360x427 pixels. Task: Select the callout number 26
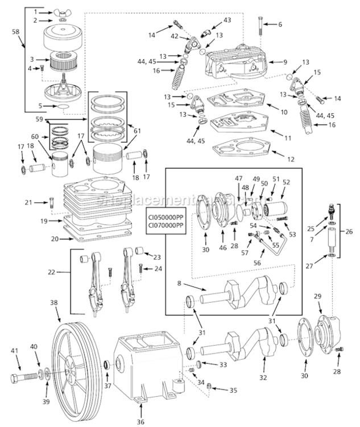pos(350,232)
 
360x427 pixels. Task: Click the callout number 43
pos(227,20)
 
